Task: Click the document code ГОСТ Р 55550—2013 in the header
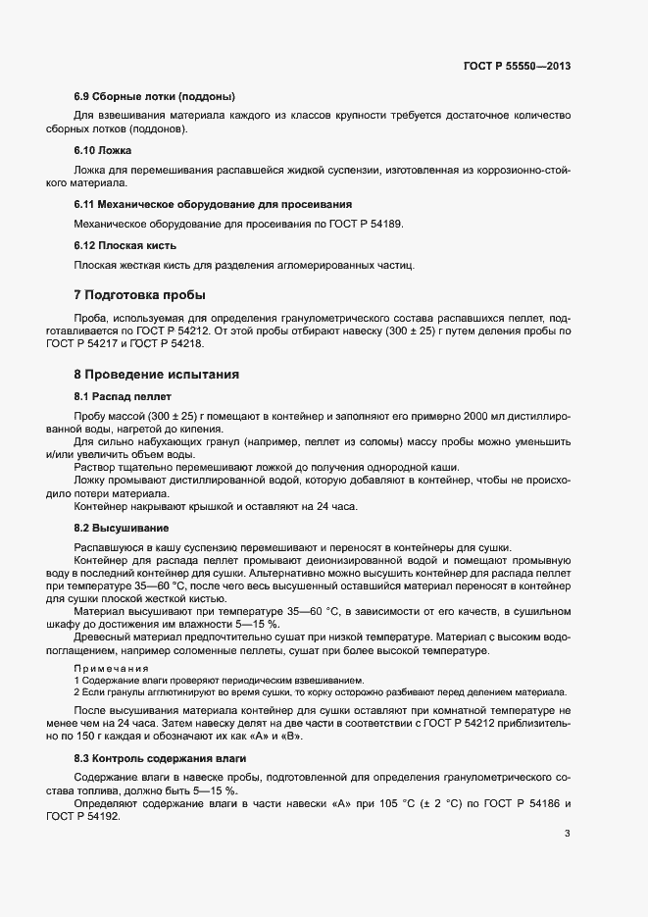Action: click(516, 66)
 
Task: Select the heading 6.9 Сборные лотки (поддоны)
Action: click(154, 96)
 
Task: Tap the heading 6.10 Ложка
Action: click(103, 150)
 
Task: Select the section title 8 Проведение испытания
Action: click(156, 374)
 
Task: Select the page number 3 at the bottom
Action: click(567, 834)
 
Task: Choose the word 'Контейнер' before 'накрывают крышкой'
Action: click(102, 506)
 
